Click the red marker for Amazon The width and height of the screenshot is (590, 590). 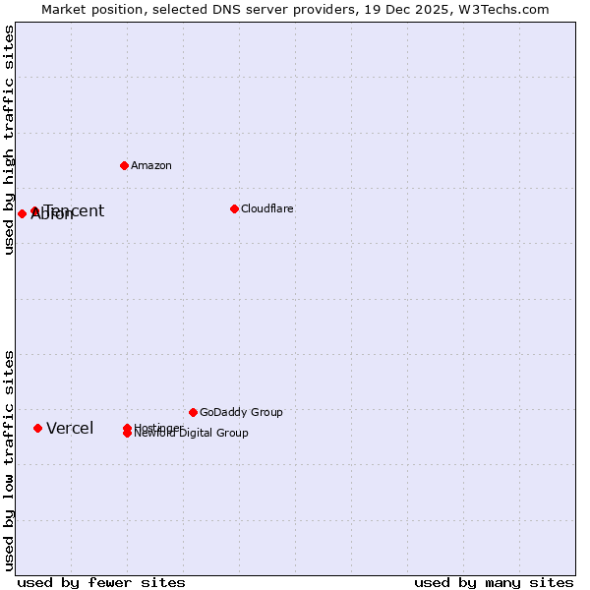124,165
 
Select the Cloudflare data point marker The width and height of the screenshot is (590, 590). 234,208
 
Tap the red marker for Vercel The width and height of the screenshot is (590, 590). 37,428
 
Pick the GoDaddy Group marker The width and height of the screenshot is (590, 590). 193,412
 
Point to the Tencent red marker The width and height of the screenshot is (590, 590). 34,210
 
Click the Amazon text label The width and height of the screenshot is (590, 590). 151,165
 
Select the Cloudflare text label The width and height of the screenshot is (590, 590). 266,208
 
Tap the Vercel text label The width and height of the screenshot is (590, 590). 70,428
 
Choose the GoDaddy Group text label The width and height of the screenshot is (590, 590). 241,412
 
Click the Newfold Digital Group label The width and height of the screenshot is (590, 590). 192,434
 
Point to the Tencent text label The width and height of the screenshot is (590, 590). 75,210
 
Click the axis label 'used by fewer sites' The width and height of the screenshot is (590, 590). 101,582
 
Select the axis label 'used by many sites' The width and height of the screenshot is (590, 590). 494,582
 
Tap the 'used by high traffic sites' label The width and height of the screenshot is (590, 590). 9,140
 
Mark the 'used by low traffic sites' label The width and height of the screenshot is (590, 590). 9,459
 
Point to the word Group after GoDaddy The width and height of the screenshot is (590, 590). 265,412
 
